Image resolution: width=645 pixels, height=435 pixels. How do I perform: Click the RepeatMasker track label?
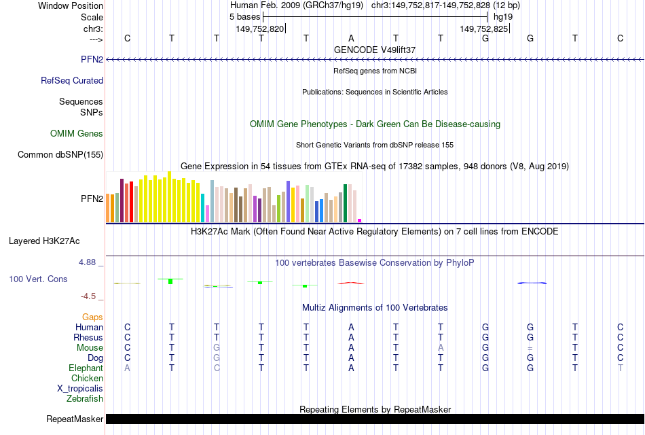point(74,419)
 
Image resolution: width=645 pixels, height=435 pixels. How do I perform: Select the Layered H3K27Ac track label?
point(44,241)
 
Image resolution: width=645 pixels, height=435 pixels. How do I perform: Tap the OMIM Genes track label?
point(77,134)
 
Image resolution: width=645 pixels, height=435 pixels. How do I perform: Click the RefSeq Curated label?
point(72,80)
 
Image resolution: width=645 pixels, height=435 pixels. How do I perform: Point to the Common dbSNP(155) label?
point(60,155)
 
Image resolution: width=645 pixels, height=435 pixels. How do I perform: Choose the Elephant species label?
point(86,368)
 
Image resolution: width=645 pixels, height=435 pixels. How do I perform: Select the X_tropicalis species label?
point(80,389)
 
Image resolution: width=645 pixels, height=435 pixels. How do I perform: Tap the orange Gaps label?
point(92,317)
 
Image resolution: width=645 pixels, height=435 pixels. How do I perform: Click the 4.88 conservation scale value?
point(91,262)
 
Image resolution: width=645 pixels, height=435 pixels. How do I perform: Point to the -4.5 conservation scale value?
point(91,296)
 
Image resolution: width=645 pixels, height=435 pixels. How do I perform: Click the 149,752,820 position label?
point(260,29)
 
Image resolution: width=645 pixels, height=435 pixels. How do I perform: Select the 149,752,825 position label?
point(483,29)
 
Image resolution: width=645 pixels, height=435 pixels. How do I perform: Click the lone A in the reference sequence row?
point(351,38)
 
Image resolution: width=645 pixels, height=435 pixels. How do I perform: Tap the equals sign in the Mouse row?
point(530,348)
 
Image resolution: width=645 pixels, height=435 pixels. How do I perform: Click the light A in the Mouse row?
point(441,348)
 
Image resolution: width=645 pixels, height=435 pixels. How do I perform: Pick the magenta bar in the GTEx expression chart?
point(360,220)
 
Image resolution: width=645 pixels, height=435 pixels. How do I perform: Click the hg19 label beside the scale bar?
point(503,16)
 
